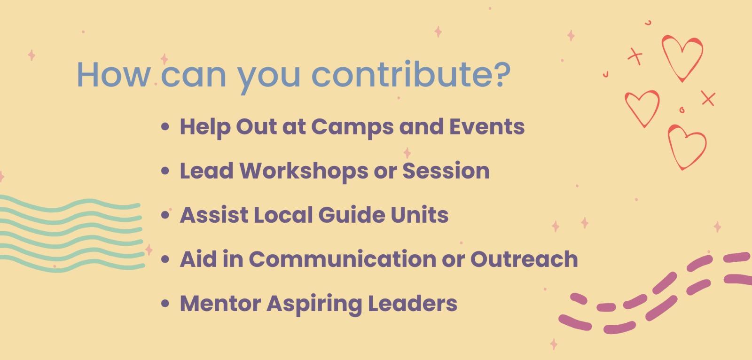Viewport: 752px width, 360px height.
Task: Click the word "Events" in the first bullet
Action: pos(487,126)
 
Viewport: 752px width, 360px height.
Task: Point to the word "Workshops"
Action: pos(304,172)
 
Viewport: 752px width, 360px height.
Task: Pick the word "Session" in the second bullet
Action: pos(446,171)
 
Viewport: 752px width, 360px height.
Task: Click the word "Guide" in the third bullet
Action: pos(352,215)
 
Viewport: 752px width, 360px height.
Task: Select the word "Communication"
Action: pos(343,259)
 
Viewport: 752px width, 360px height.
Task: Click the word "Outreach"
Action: pos(524,259)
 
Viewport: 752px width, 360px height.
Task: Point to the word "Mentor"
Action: pos(220,304)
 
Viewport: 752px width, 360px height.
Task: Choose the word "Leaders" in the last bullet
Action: pos(413,303)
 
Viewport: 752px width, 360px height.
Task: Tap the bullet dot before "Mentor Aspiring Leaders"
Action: pos(165,304)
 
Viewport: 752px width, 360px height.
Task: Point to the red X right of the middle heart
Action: pos(708,98)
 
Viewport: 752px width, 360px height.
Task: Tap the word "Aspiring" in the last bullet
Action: pos(314,304)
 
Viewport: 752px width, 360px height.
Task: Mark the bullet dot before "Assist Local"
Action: pos(165,215)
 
